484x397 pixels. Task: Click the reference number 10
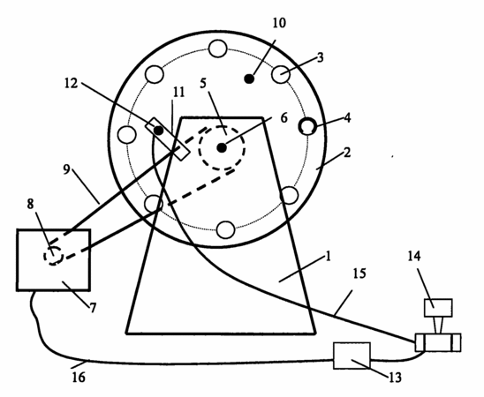279,23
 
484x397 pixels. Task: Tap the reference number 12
71,83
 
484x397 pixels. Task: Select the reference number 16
79,378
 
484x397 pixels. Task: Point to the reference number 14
414,256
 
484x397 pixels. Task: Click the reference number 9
66,169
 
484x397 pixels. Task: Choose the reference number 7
93,308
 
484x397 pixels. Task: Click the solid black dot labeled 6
222,148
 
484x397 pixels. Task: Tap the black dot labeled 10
249,79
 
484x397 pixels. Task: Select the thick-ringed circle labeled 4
307,127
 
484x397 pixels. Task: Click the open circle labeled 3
281,75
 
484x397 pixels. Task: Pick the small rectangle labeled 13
352,356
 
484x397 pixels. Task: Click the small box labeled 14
438,308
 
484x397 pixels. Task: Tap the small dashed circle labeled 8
53,256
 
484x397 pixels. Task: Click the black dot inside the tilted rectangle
159,131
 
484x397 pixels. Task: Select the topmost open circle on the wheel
218,49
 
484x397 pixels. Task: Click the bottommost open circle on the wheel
225,229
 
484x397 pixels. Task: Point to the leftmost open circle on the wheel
127,135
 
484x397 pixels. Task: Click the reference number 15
359,273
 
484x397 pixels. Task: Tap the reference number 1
329,257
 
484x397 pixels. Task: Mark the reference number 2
347,153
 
